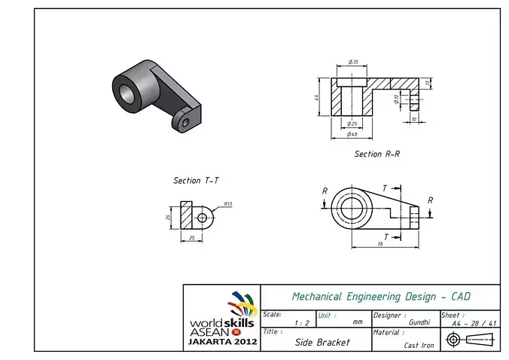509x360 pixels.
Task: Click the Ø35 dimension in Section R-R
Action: pos(352,61)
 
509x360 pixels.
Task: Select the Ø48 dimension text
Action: pos(352,134)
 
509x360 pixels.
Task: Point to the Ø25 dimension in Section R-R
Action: pos(352,124)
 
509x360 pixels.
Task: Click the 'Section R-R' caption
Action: pos(377,154)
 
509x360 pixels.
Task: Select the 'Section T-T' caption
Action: pos(196,181)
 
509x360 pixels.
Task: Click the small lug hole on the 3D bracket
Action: pos(184,122)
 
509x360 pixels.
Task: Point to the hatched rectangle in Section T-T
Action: pos(187,217)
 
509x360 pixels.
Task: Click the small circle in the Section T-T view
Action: pos(202,218)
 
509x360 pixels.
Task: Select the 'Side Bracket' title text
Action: pos(322,341)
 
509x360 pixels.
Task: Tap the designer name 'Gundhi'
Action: pos(419,322)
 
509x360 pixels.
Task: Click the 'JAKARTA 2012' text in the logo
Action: pos(222,341)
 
